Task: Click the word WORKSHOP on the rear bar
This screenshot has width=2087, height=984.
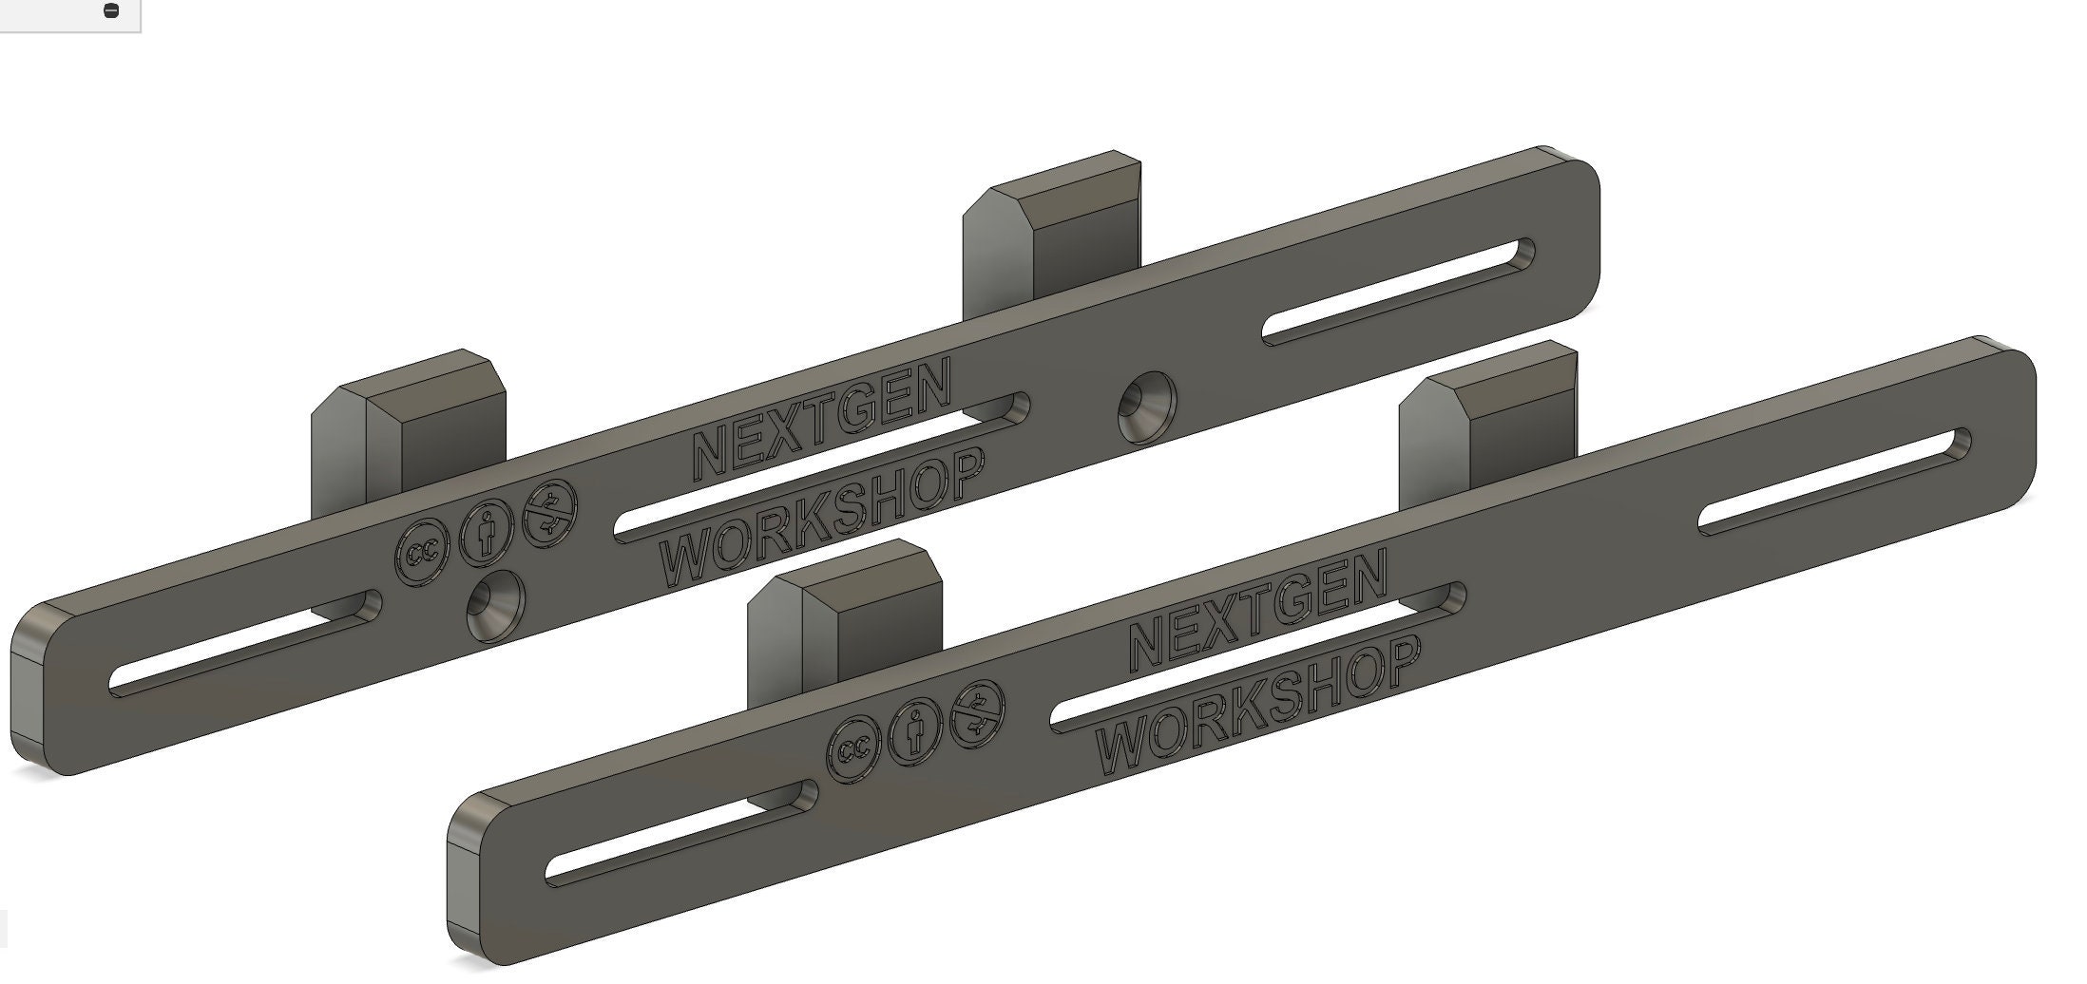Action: click(822, 519)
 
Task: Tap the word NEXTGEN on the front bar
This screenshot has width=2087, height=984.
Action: click(1257, 609)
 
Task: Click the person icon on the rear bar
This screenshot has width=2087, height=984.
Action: click(485, 532)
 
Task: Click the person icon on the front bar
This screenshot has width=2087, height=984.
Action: click(916, 728)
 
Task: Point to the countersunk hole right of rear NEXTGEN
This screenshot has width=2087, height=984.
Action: click(1144, 407)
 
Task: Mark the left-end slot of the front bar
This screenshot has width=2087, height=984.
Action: click(681, 833)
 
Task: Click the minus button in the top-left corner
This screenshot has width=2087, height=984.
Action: click(110, 11)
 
